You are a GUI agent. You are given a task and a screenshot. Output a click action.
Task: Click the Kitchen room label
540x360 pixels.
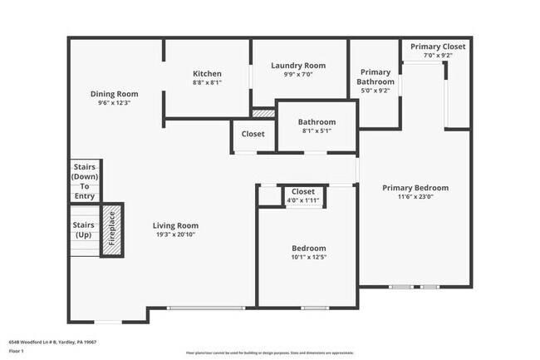click(207, 73)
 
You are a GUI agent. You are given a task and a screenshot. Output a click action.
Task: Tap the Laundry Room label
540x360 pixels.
click(298, 66)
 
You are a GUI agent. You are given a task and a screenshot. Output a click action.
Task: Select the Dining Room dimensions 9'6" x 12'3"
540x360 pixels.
click(115, 103)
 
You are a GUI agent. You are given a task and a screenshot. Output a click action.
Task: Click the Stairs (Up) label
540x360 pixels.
click(83, 229)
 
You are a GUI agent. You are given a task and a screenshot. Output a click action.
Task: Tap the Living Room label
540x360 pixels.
click(175, 225)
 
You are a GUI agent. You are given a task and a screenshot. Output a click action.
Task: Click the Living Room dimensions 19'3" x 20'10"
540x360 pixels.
click(175, 234)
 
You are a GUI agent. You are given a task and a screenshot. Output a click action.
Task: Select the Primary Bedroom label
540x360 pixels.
click(415, 188)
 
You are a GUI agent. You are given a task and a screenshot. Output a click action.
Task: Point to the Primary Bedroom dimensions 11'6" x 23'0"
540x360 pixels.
click(415, 197)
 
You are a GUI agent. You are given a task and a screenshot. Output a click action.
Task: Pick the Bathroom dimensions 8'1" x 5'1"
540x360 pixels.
click(317, 131)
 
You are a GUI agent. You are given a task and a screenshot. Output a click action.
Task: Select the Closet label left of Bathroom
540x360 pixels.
click(253, 134)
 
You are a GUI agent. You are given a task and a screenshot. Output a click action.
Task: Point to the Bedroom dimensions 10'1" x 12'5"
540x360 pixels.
click(308, 258)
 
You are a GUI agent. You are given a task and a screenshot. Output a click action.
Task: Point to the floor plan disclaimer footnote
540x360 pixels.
click(269, 353)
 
